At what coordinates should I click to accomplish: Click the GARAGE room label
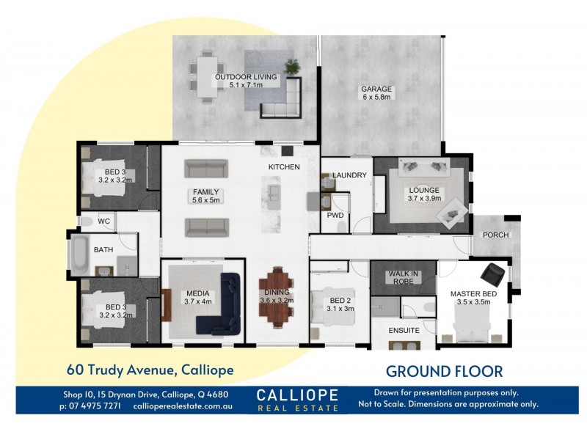(x=376, y=89)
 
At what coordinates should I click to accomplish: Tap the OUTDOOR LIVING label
(x=246, y=77)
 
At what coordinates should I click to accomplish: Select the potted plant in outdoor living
(x=292, y=67)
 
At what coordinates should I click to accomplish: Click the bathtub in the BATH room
(x=79, y=254)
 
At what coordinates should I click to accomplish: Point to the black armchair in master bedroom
(x=492, y=274)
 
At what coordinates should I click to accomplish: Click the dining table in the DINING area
(x=277, y=296)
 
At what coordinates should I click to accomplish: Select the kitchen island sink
(x=274, y=192)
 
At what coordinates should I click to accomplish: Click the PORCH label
(x=496, y=235)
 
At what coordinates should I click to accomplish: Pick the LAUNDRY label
(x=349, y=175)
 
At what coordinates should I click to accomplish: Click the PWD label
(x=335, y=216)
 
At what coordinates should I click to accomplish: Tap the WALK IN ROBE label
(x=403, y=278)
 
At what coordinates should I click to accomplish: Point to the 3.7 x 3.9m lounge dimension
(x=424, y=198)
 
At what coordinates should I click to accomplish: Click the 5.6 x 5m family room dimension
(x=206, y=200)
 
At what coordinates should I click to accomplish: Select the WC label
(x=103, y=221)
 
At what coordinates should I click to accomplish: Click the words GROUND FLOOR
(x=445, y=372)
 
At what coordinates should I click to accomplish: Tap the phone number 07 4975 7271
(x=95, y=406)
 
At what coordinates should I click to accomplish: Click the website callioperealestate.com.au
(x=183, y=406)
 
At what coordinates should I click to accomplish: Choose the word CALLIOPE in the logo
(x=297, y=395)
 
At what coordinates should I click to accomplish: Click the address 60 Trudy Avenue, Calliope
(x=150, y=370)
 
